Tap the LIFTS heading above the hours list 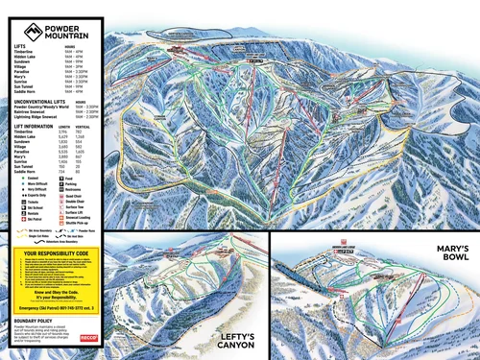[x=20, y=44]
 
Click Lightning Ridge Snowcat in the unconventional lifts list [x=41, y=117]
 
